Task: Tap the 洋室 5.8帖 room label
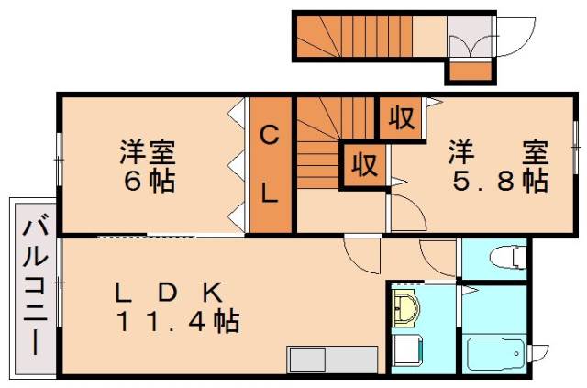coord(496,165)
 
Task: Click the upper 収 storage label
coord(400,117)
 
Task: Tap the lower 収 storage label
coord(363,166)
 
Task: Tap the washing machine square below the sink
coord(406,351)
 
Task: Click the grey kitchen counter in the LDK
coord(332,359)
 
